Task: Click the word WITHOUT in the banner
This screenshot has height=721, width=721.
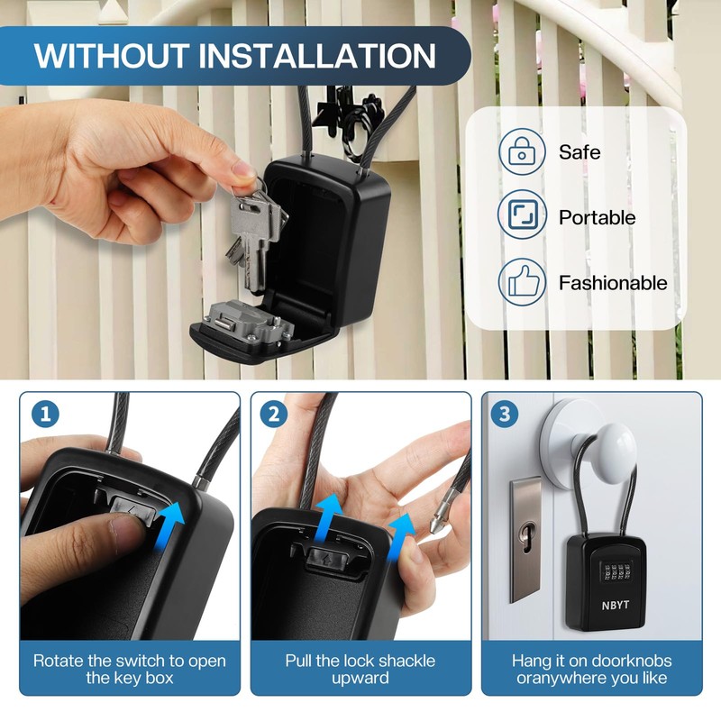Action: (x=109, y=55)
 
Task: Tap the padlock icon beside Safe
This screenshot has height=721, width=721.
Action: (x=522, y=151)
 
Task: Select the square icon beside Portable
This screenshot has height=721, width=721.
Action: (x=522, y=217)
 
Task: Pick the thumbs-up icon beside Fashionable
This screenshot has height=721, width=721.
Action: (x=522, y=282)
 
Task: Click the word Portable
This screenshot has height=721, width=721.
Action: (x=597, y=217)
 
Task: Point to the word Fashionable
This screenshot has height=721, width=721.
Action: (x=613, y=282)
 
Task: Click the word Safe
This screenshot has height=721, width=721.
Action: (x=579, y=151)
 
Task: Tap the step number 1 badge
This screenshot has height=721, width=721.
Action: (x=45, y=415)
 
